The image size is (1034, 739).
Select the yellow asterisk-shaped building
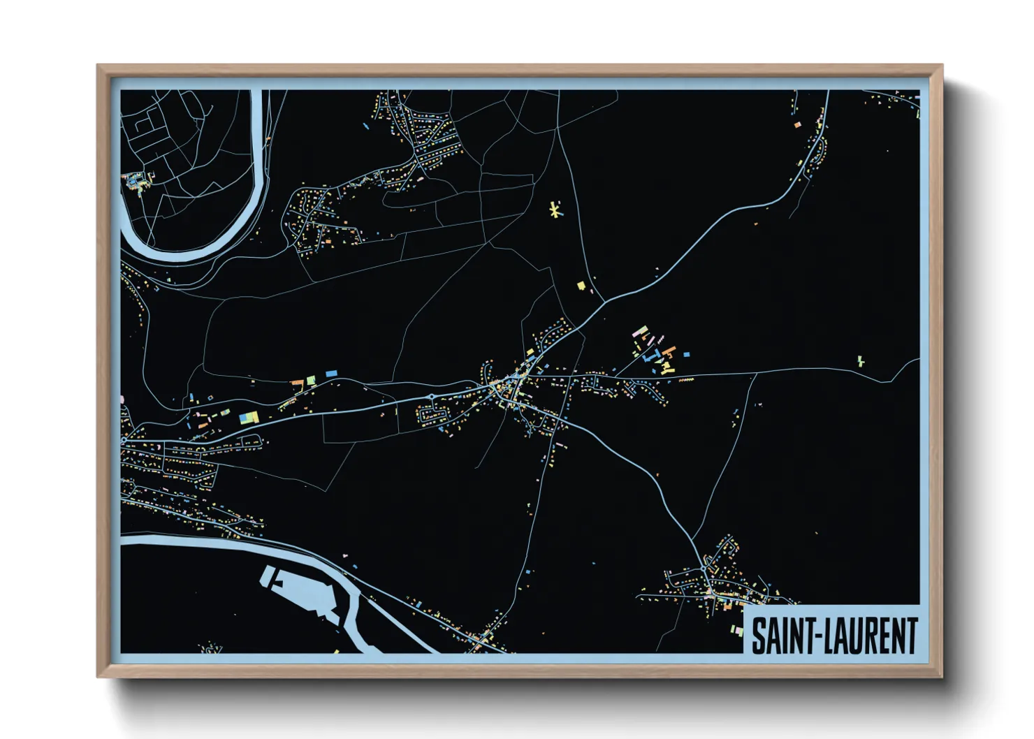pos(555,210)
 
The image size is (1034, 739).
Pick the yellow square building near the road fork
pos(581,285)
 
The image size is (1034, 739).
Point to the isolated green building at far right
pos(861,361)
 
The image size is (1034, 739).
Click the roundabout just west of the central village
pos(432,397)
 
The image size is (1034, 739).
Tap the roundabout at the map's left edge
pos(123,441)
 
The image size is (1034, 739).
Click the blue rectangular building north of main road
pos(331,374)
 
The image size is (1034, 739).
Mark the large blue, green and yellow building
pos(249,418)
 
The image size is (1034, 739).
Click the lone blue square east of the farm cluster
pos(686,355)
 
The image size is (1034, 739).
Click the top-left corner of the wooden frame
pos(98,66)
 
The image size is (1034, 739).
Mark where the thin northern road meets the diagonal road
pos(602,302)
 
